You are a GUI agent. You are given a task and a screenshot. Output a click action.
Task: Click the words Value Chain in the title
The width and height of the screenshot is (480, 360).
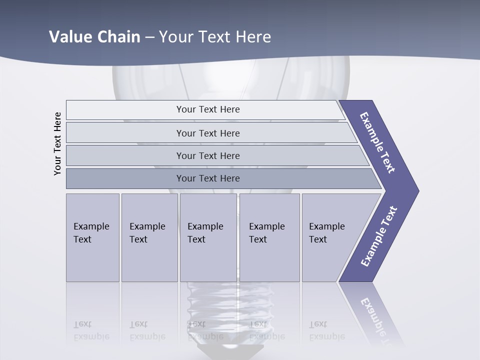(94, 37)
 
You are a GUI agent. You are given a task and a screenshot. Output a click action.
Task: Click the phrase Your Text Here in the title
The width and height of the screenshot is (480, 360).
(215, 37)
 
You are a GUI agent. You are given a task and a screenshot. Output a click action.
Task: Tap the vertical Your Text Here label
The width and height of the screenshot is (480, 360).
(57, 143)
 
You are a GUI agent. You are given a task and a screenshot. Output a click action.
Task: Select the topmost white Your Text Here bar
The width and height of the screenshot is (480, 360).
(207, 109)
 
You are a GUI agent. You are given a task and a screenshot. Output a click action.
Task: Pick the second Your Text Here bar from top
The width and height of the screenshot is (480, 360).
(207, 133)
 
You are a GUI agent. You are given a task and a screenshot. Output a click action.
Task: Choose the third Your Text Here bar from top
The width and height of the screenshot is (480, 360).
(207, 155)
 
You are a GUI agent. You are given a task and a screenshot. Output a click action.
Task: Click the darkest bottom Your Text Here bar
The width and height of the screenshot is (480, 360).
(207, 178)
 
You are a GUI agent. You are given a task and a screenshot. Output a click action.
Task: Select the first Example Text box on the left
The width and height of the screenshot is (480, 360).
(92, 237)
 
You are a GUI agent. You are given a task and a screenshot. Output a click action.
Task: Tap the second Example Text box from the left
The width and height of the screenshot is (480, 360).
(149, 237)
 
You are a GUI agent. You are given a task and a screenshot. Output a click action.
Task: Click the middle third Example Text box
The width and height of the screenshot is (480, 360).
(208, 237)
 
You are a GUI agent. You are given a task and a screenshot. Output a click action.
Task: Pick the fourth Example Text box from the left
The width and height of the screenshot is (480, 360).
(269, 237)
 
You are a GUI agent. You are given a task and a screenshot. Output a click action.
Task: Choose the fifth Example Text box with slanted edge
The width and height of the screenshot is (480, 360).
(330, 237)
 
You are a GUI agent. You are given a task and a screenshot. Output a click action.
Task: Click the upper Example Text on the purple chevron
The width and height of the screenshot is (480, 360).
(378, 142)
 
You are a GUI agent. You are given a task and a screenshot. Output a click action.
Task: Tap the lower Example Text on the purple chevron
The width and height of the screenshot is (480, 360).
(379, 236)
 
